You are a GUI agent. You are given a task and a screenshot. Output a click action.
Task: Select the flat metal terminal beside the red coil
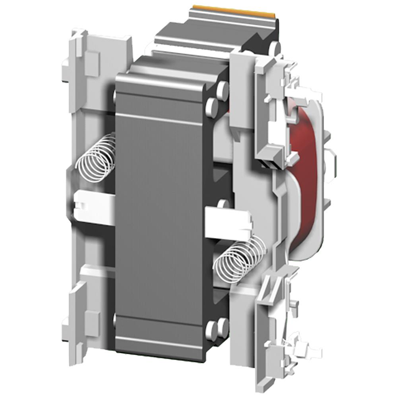pyautogui.click(x=333, y=164)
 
